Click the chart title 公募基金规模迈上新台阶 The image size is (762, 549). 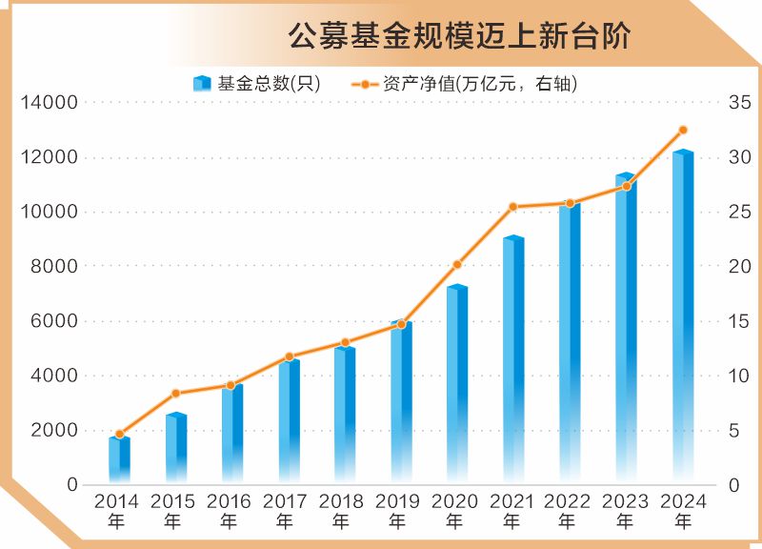(460, 35)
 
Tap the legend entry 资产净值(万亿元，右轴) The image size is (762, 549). (466, 84)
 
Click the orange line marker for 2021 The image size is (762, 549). (512, 207)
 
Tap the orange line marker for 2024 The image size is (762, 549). (683, 130)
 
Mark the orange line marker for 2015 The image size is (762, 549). (175, 394)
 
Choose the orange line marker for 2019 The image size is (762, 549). (401, 325)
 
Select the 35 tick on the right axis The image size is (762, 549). (739, 103)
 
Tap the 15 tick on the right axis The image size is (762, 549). (739, 321)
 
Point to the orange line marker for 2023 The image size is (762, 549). (626, 186)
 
